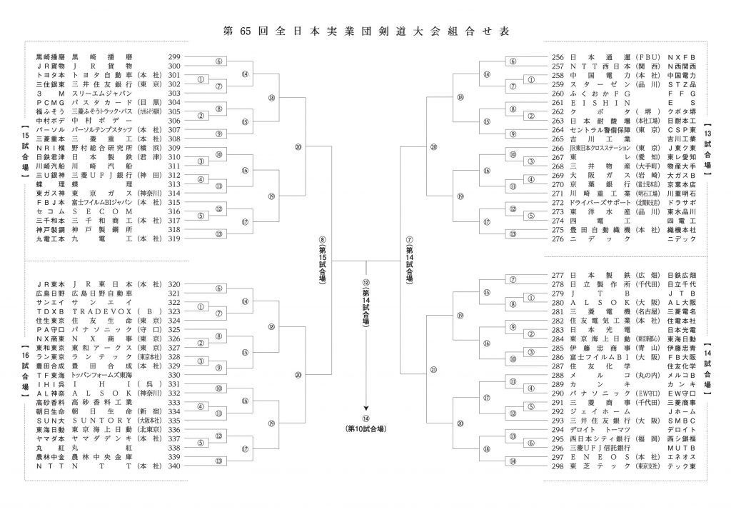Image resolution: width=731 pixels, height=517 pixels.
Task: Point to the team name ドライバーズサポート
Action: pos(600,202)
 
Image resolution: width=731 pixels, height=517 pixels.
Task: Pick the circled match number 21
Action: pos(433,371)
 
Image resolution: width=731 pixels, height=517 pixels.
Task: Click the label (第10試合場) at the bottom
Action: pos(366,428)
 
